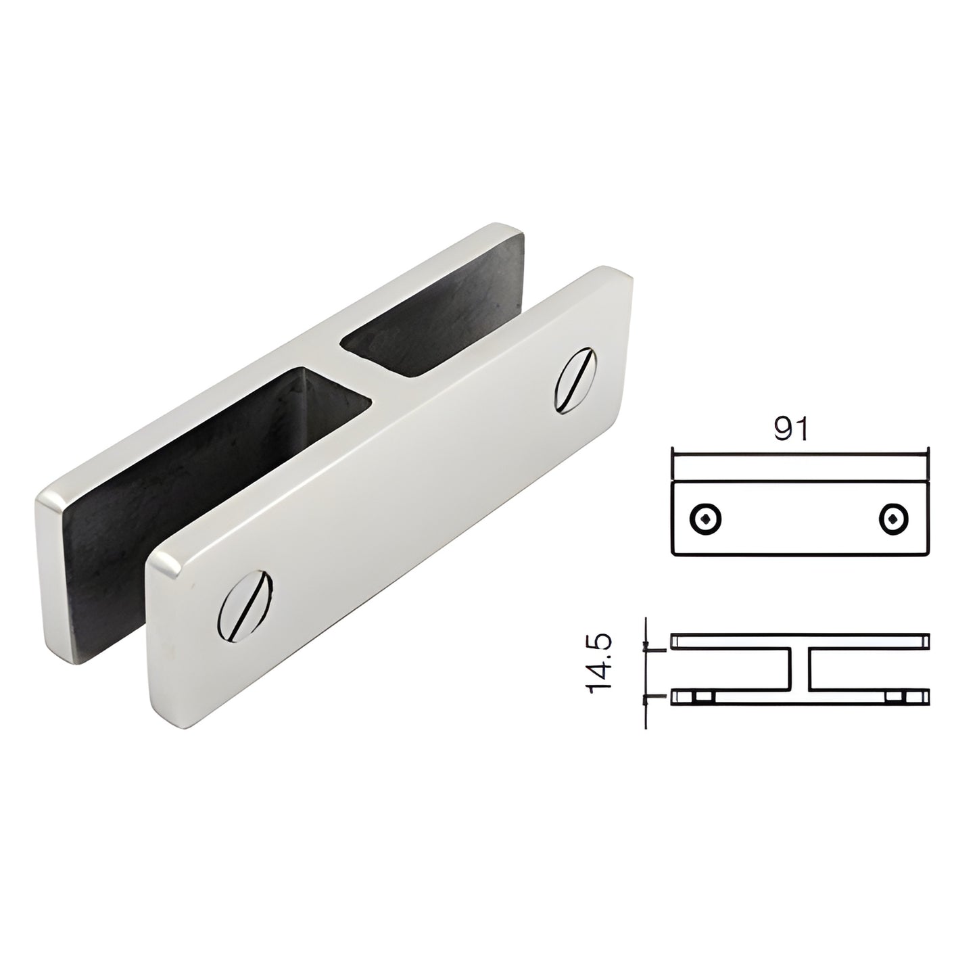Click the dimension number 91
(x=790, y=429)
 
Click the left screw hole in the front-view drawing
(x=705, y=519)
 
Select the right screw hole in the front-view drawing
(x=894, y=519)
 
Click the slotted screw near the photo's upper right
(x=575, y=380)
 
